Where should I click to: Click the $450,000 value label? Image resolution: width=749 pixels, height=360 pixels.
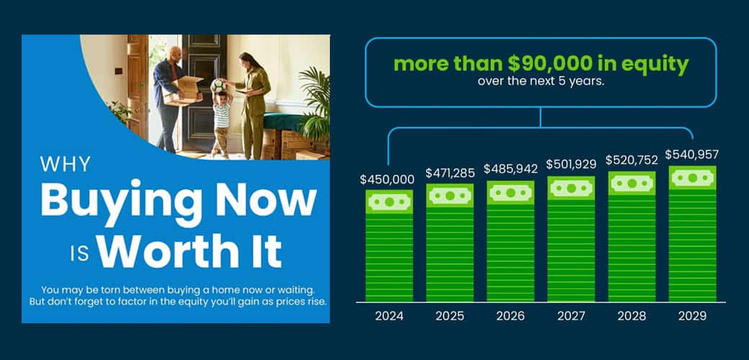point(387,179)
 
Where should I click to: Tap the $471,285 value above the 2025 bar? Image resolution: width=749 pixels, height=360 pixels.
point(450,173)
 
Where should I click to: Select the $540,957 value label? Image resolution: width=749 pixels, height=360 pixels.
point(692,155)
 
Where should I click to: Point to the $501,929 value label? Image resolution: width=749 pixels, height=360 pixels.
point(571,164)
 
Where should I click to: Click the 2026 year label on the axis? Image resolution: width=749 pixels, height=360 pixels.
point(511,315)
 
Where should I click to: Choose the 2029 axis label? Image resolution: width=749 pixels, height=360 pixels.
point(692,315)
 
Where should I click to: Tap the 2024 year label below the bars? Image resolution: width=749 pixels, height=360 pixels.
point(389,315)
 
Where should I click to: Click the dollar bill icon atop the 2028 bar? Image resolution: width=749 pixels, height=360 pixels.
point(632,184)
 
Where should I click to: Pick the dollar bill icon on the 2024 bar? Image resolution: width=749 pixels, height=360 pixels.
point(390,202)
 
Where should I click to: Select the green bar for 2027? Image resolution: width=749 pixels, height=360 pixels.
point(571,239)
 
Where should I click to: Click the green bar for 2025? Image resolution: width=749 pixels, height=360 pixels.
point(450,243)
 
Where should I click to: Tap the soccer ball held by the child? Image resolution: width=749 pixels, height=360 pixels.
point(218,86)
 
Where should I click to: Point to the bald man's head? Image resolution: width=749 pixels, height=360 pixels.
point(175,53)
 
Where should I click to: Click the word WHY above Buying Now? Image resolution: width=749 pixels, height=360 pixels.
point(65,165)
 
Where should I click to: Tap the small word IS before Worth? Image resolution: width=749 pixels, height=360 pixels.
point(80,254)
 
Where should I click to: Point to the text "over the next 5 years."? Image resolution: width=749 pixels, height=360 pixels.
point(541,81)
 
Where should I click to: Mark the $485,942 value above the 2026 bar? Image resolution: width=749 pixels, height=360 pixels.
point(511,168)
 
